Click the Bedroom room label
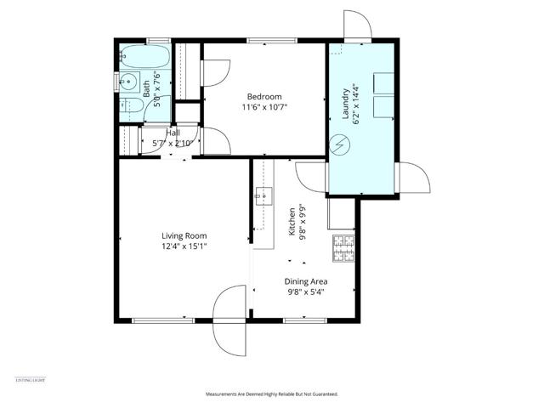tap(263, 96)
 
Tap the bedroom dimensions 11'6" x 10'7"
tap(263, 108)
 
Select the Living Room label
tap(184, 235)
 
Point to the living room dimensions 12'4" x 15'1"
tap(184, 246)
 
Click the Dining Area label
tap(306, 281)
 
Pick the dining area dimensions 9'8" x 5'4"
tap(306, 292)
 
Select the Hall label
tap(173, 133)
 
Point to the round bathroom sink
tap(128, 82)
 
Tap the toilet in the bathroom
tap(133, 107)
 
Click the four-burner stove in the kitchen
tap(343, 249)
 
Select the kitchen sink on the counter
tap(263, 196)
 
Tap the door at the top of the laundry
tap(357, 27)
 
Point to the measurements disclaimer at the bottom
tap(272, 394)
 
